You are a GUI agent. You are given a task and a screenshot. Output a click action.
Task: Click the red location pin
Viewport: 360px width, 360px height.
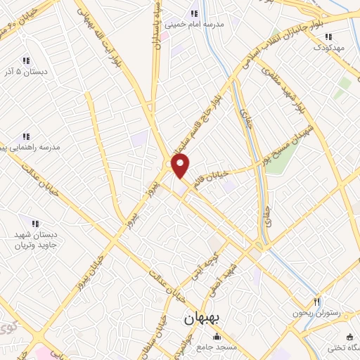(181, 166)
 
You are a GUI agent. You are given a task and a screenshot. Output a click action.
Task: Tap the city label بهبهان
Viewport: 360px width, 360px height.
(202, 319)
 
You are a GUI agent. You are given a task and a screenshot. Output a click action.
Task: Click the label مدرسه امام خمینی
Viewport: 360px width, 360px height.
(195, 25)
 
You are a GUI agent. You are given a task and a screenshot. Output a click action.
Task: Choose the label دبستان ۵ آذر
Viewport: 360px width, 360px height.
(27, 72)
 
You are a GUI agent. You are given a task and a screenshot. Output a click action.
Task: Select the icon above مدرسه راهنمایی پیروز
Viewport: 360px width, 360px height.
(25, 136)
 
